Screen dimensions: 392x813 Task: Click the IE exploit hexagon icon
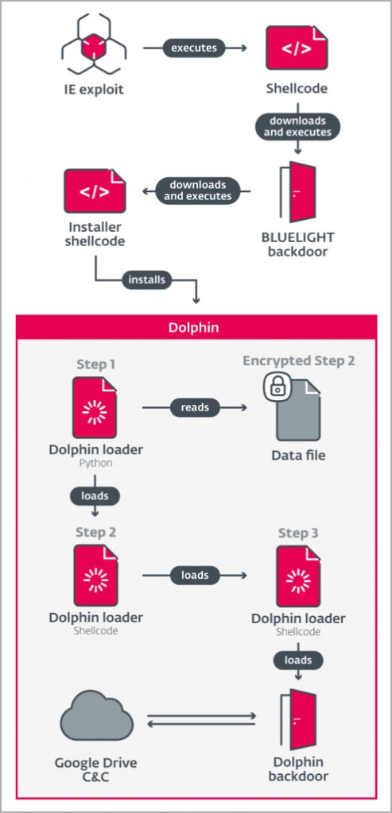tap(94, 45)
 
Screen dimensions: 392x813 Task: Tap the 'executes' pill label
tap(194, 48)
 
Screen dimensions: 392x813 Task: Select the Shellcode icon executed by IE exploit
tap(297, 48)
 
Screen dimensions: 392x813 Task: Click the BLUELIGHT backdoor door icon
tap(297, 192)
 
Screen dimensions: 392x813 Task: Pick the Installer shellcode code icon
tap(95, 191)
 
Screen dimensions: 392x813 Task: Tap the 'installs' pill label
tap(146, 280)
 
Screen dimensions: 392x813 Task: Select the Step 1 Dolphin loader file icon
tap(95, 407)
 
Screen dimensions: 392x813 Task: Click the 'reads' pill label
tap(194, 407)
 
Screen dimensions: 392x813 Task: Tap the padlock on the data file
tap(278, 385)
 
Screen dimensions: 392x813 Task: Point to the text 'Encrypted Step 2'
tap(298, 361)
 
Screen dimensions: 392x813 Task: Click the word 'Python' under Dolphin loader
tap(95, 463)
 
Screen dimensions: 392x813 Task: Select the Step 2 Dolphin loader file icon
tap(95, 575)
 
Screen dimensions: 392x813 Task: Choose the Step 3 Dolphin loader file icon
tap(298, 576)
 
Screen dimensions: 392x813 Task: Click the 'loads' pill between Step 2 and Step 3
tap(194, 575)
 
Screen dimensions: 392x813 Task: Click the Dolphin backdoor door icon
tap(297, 719)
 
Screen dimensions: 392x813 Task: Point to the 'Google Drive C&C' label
tap(96, 769)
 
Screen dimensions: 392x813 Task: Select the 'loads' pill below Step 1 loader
tap(95, 495)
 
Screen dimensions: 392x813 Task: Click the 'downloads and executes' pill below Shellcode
tap(297, 126)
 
